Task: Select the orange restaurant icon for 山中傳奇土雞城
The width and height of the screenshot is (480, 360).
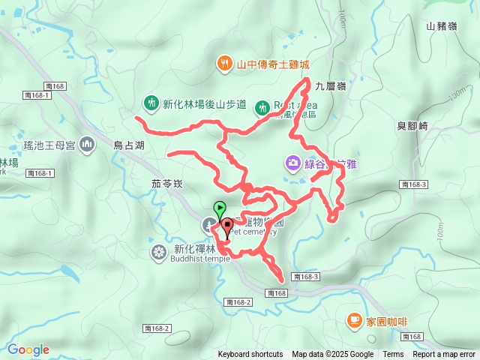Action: pyautogui.click(x=223, y=63)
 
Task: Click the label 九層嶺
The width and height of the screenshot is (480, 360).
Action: pyautogui.click(x=331, y=86)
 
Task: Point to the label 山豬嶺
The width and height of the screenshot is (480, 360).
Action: pyautogui.click(x=441, y=25)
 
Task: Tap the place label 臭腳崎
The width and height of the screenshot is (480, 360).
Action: pyautogui.click(x=412, y=126)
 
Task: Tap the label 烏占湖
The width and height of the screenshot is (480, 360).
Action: pyautogui.click(x=128, y=145)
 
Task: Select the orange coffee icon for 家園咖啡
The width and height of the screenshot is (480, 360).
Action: pyautogui.click(x=353, y=320)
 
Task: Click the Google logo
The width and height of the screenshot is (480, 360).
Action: pyautogui.click(x=28, y=349)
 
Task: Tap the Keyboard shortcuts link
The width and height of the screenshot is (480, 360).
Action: pyautogui.click(x=250, y=355)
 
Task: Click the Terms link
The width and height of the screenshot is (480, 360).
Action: pyautogui.click(x=393, y=355)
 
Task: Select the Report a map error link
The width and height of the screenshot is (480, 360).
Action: pyautogui.click(x=444, y=355)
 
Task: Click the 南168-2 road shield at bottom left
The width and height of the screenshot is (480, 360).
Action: pyautogui.click(x=157, y=328)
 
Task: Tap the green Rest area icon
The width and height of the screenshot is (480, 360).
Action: pyautogui.click(x=262, y=107)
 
